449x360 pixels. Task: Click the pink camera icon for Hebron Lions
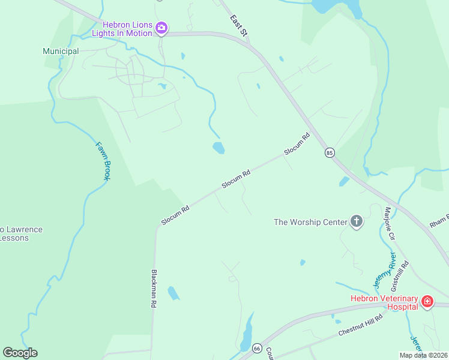[x=161, y=28]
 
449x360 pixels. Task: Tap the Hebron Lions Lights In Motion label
[x=127, y=28]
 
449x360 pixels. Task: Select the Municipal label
[x=61, y=51]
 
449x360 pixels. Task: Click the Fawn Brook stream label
[x=104, y=161]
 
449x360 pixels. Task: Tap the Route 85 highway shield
[x=330, y=153]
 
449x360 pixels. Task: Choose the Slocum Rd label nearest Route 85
[x=297, y=144]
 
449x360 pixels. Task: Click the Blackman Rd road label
[x=153, y=288]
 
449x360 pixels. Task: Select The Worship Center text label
[x=310, y=222]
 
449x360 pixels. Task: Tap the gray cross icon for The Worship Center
[x=357, y=222]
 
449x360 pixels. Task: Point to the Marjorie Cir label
[x=390, y=223]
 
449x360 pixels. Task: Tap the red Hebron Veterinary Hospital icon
[x=427, y=301]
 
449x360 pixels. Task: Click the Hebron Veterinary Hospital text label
[x=384, y=302]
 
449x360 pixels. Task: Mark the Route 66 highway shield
[x=258, y=348]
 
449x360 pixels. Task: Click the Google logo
[x=20, y=353]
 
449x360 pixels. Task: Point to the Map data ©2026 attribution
[x=423, y=355]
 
